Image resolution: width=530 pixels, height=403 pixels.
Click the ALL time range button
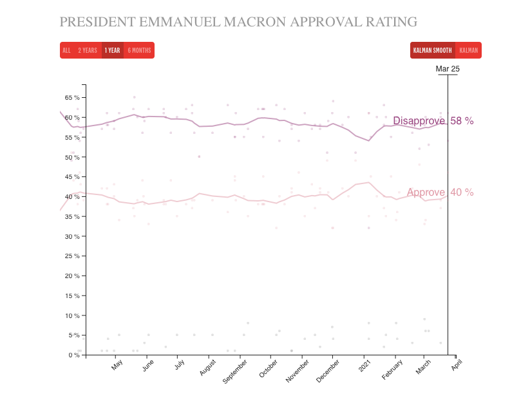[x=66, y=50]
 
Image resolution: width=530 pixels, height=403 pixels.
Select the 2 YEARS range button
[x=88, y=50]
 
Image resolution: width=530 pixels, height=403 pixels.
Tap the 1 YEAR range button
[x=112, y=50]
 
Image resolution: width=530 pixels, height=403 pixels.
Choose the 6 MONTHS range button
[x=139, y=50]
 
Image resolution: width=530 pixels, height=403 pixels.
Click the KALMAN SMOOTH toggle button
[x=432, y=50]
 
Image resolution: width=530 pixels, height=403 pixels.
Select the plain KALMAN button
[x=468, y=50]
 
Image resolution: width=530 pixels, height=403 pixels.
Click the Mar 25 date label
[x=448, y=69]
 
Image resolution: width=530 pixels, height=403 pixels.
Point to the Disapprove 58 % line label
[x=433, y=121]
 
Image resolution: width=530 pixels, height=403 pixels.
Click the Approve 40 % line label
[x=440, y=192]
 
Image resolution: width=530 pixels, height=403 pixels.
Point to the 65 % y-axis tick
[x=72, y=97]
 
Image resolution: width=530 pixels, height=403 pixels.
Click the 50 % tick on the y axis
[x=72, y=157]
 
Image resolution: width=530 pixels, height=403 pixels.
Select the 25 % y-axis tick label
[x=72, y=256]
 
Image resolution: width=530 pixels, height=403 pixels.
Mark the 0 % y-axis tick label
[x=73, y=355]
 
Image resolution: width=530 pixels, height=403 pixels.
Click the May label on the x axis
[x=117, y=365]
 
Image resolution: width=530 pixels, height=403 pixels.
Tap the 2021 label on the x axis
[x=364, y=365]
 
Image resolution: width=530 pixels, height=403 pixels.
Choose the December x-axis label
[x=328, y=371]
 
